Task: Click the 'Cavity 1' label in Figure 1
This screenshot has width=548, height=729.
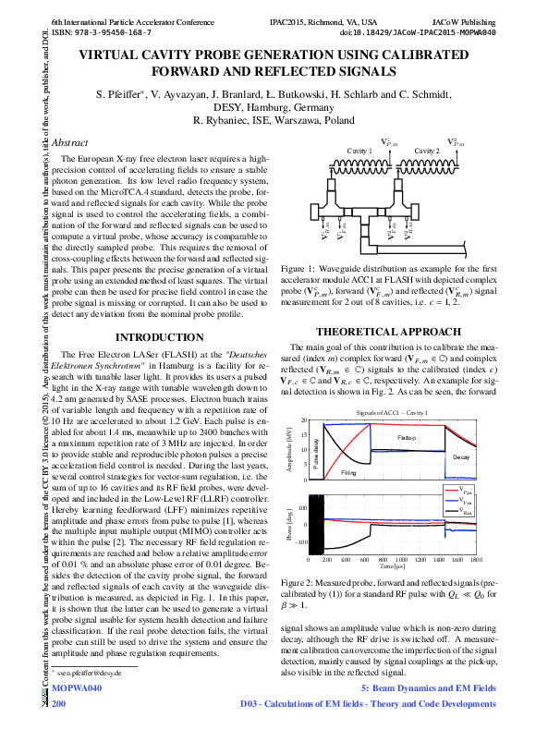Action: [359, 150]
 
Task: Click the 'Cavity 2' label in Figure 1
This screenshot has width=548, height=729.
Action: [427, 150]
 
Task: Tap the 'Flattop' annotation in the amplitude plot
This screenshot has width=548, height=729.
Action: [407, 437]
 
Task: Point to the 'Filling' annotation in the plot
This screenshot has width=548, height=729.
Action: [348, 472]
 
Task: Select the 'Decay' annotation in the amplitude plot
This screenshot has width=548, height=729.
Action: [461, 456]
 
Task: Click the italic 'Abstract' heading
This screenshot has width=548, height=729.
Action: [70, 142]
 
